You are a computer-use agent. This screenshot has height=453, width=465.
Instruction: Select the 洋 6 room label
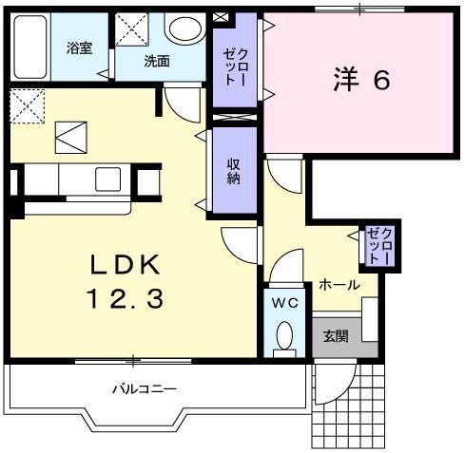[362, 81]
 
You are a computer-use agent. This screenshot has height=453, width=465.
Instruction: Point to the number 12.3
[126, 299]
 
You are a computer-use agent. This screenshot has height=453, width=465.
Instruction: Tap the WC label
[284, 304]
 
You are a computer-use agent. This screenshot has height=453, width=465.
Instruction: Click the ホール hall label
[338, 284]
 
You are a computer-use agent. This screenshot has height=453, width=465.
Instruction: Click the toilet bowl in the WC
[284, 336]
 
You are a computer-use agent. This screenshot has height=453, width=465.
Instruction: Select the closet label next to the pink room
[234, 69]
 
